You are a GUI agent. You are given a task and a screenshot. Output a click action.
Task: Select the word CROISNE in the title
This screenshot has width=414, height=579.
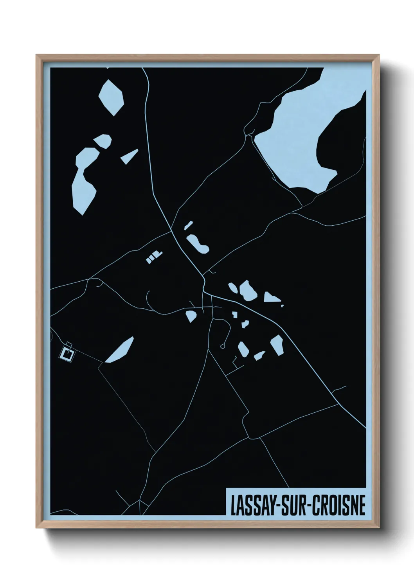click(x=338, y=505)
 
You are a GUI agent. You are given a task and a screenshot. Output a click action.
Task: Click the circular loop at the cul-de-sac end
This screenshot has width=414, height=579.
click(x=223, y=346)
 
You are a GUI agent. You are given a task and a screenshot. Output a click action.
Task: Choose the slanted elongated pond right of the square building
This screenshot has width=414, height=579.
click(x=120, y=350)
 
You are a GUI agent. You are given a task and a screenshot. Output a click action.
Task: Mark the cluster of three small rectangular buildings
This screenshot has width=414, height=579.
click(x=153, y=257)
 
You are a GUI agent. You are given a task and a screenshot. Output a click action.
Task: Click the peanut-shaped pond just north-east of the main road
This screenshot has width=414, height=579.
click(x=197, y=244)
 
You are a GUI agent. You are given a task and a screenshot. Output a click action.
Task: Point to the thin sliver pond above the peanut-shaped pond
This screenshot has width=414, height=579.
click(x=188, y=225)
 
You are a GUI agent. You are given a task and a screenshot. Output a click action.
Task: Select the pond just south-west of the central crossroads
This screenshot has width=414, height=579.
click(x=191, y=315)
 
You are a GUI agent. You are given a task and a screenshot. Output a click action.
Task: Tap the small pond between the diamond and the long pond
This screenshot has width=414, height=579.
click(x=103, y=141)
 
